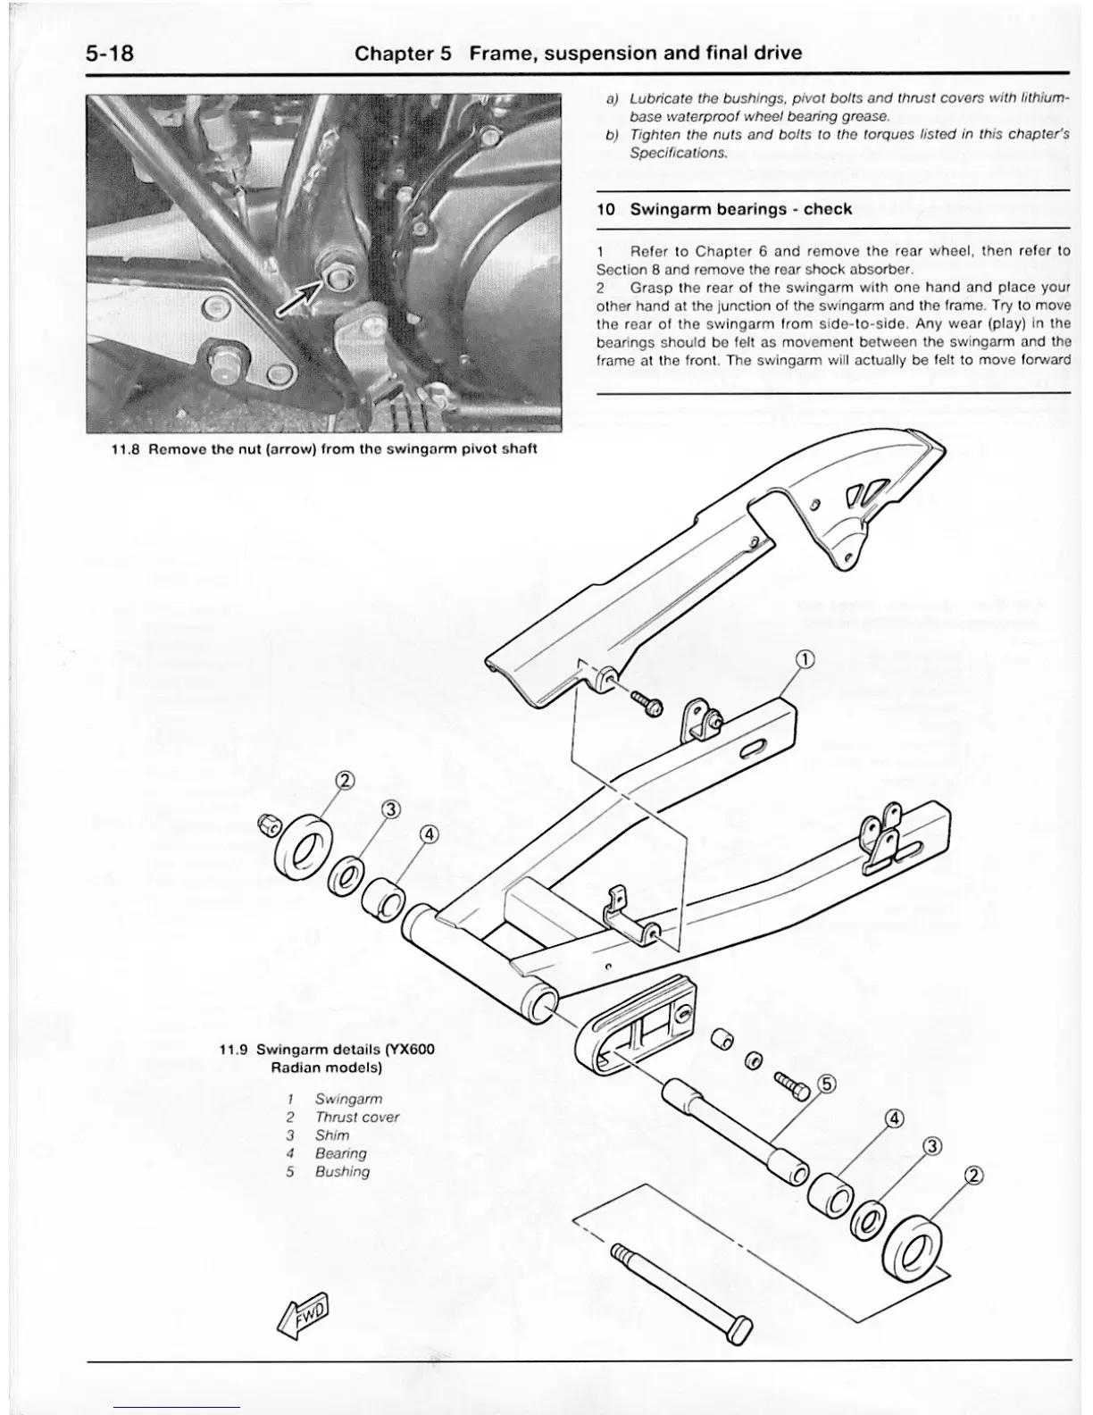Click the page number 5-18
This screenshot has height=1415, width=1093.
point(110,54)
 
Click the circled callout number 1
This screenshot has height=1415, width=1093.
point(805,660)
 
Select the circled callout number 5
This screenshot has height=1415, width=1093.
point(827,1085)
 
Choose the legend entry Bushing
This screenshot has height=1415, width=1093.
point(342,1171)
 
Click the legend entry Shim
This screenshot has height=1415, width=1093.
point(331,1135)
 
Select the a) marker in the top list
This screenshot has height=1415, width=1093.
point(612,97)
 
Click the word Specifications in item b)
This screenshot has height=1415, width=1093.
point(677,153)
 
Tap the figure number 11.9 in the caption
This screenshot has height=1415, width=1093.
point(235,1049)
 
